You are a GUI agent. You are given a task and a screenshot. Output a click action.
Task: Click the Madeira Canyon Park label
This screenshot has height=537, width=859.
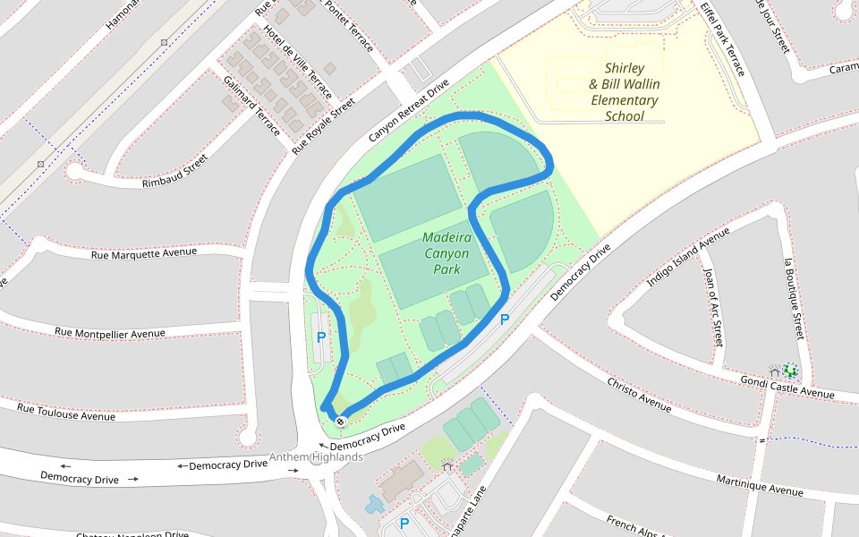(446, 253)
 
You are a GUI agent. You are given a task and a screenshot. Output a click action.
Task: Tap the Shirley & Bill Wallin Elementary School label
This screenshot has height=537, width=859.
(625, 91)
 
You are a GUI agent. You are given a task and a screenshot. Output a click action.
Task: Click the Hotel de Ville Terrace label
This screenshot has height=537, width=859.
(297, 61)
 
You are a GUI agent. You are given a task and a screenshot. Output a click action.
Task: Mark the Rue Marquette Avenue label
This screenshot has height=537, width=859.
(143, 253)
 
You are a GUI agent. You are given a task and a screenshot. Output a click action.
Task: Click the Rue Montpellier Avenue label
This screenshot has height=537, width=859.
(109, 333)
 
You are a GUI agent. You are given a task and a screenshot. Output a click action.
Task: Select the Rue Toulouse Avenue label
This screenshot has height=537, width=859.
(66, 411)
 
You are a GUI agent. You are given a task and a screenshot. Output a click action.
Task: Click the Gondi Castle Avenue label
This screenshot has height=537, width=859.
(787, 388)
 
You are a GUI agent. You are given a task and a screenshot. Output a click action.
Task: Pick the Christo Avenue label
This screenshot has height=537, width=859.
(639, 395)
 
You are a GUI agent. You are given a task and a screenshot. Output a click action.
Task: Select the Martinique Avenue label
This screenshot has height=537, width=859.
(761, 484)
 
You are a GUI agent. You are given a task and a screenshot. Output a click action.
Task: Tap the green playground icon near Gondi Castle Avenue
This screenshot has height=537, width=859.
(789, 370)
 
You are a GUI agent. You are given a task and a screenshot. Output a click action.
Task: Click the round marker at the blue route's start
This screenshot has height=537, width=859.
(341, 420)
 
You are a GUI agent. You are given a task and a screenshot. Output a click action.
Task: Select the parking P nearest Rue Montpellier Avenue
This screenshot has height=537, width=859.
(321, 337)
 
